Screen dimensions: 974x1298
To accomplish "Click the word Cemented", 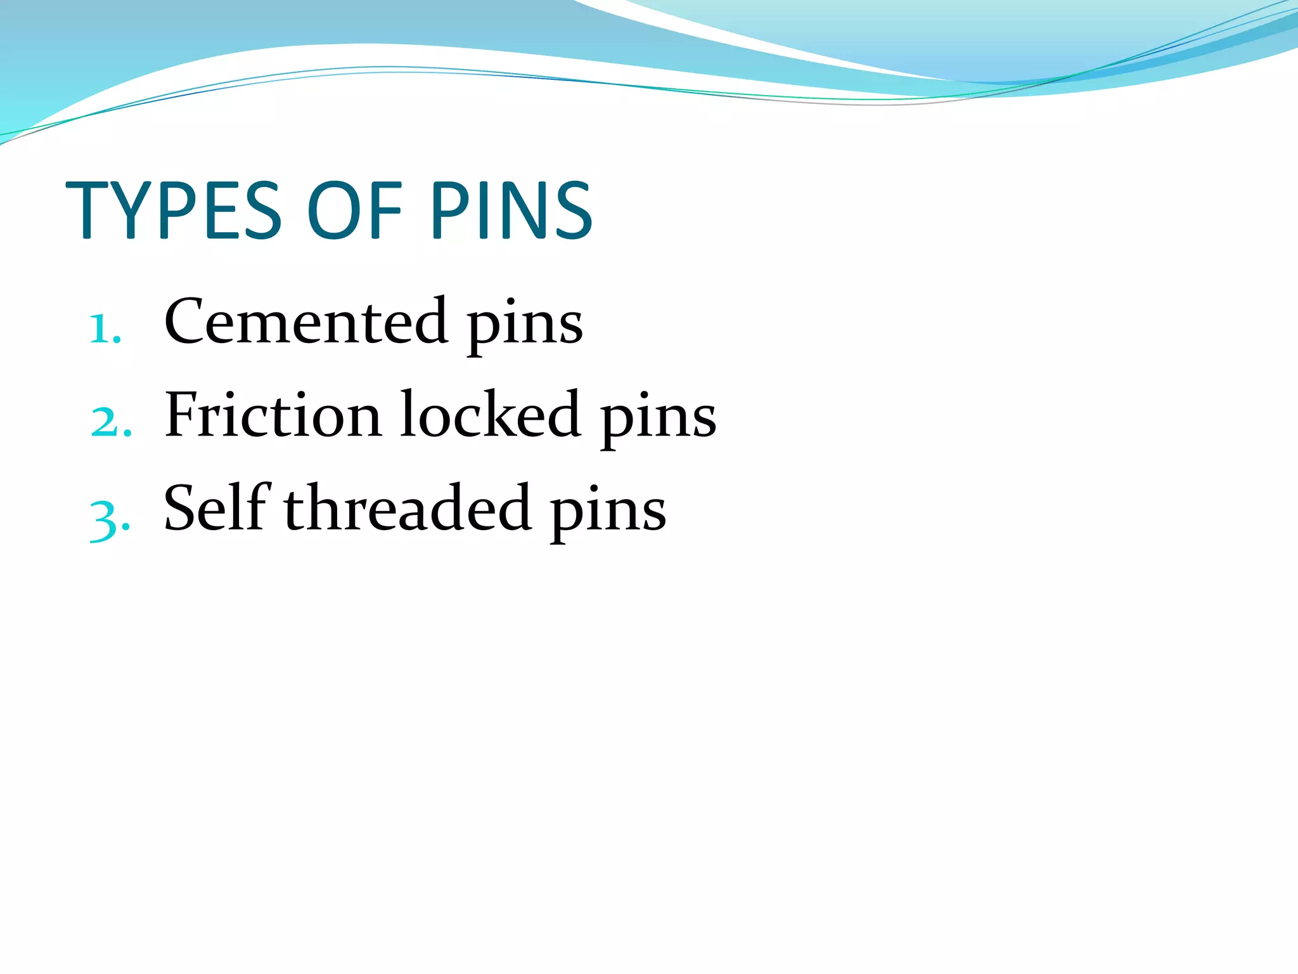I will coord(305,321).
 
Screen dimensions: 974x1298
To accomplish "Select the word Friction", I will coord(273,415).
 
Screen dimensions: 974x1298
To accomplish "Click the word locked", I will coord(490,415).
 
